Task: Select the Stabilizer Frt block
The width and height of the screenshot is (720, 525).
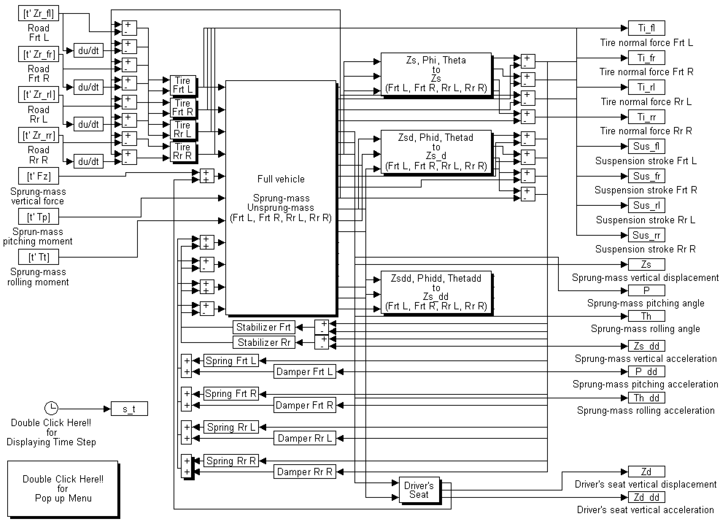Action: click(264, 327)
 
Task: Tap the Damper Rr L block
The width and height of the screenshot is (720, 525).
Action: click(305, 438)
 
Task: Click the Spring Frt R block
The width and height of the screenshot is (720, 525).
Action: click(231, 394)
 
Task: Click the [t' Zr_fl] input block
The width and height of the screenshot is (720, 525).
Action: click(39, 13)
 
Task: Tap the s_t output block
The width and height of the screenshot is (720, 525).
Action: click(129, 409)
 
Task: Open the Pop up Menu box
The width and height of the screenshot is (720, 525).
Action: click(63, 488)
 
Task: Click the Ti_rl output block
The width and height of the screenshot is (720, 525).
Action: click(646, 87)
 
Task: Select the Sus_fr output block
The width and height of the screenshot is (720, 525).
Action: click(646, 176)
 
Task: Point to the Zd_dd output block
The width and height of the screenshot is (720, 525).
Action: click(646, 497)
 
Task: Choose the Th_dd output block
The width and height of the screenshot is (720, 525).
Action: click(646, 397)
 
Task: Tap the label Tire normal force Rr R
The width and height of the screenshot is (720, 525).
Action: click(646, 131)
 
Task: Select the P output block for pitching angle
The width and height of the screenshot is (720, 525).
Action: click(646, 290)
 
